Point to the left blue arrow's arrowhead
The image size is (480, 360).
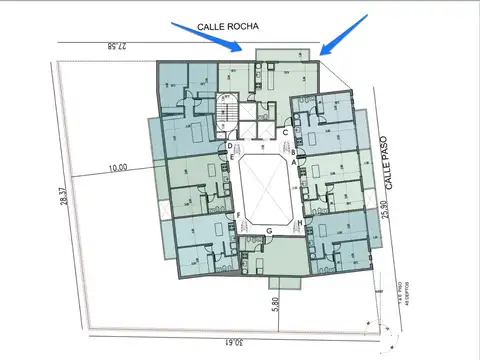click(x=238, y=50)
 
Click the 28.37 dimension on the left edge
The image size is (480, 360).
click(x=62, y=199)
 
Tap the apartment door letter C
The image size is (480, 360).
click(x=286, y=131)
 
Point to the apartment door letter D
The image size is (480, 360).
click(x=229, y=146)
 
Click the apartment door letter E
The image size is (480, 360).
click(x=233, y=158)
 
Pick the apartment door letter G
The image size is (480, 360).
click(x=269, y=231)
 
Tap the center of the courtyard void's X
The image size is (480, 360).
click(x=266, y=187)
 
